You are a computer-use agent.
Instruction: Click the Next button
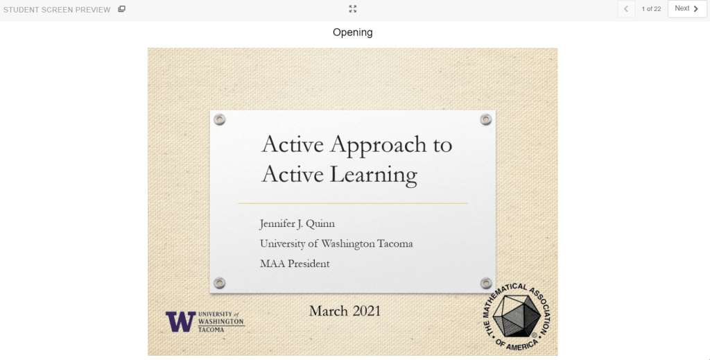click(687, 8)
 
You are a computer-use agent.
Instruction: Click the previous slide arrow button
click(626, 8)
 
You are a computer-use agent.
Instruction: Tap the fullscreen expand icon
click(353, 9)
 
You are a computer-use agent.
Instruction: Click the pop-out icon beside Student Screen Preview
click(121, 9)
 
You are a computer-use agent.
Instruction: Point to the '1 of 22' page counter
click(651, 9)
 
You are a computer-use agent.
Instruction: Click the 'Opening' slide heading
click(353, 33)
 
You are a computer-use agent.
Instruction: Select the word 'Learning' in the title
click(374, 175)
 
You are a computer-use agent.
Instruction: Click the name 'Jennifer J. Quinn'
click(297, 223)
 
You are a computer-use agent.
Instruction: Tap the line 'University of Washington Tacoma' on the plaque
click(336, 243)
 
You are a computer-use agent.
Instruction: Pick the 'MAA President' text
click(295, 264)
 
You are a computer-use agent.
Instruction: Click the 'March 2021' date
click(345, 311)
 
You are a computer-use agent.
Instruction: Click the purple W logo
click(180, 322)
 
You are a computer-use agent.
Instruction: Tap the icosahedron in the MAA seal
click(517, 316)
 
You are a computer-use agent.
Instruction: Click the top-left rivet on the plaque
click(220, 119)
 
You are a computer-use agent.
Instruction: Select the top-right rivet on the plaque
click(486, 119)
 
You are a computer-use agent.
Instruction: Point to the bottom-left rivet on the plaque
click(220, 283)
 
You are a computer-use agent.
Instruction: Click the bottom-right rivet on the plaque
click(486, 283)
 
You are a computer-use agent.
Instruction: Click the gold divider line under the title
click(353, 203)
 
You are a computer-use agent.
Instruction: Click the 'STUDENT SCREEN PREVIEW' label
click(57, 10)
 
